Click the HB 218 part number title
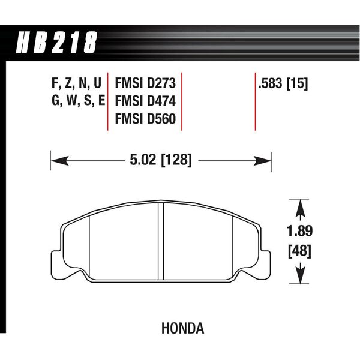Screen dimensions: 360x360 tap(57, 43)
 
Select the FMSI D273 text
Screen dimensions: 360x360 tap(145, 83)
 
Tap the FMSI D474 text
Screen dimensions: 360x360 tap(145, 101)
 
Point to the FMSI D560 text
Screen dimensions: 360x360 tap(145, 119)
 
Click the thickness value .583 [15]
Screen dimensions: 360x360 tap(283, 83)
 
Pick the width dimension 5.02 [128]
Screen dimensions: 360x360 tap(160, 160)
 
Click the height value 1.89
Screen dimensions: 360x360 tap(299, 231)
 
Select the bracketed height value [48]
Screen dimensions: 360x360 tap(299, 251)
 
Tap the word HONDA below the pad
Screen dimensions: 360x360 tap(183, 328)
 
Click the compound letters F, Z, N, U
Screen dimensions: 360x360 tap(76, 83)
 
